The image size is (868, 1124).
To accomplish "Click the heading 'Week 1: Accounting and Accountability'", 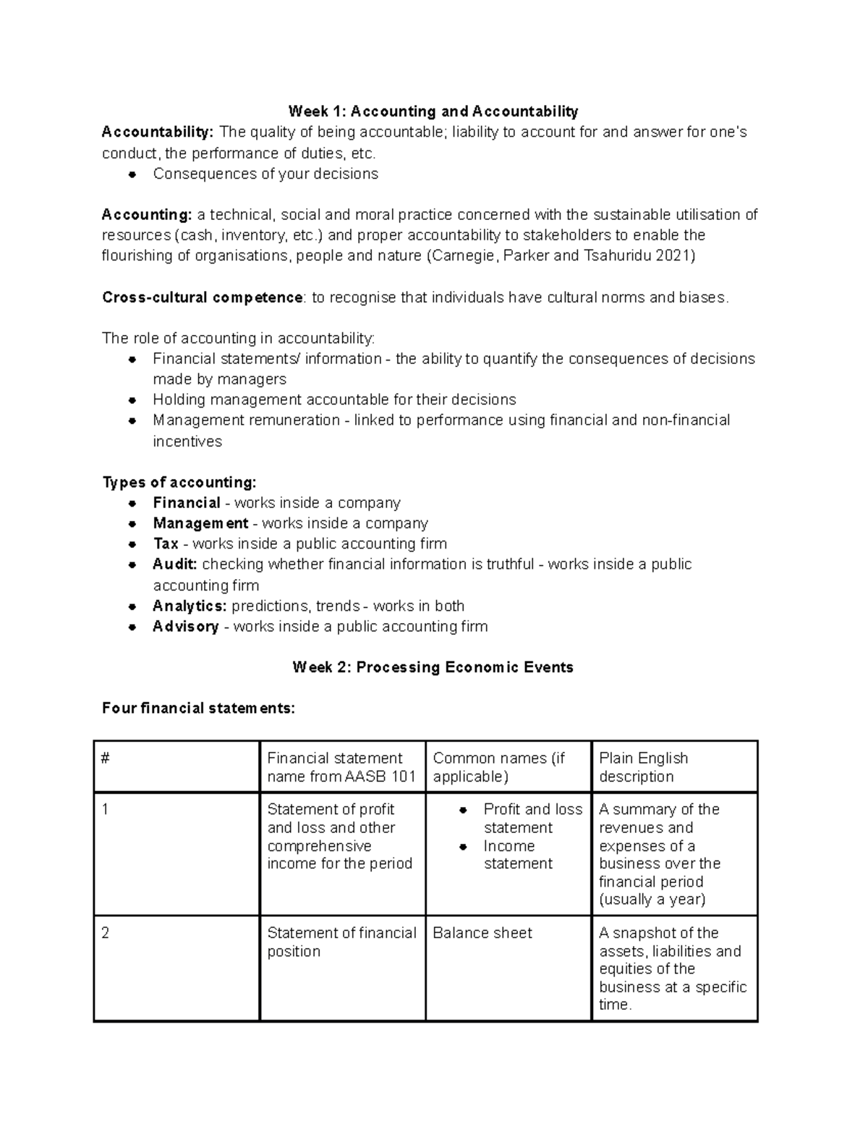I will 433,111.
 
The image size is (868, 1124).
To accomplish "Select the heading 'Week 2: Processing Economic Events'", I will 433,667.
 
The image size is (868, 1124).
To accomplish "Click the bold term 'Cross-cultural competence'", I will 203,297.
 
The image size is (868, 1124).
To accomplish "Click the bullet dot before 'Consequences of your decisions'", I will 132,174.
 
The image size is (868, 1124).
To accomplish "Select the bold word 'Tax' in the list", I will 166,544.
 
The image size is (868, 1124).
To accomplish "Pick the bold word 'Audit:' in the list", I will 174,564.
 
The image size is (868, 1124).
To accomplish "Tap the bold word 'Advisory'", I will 185,626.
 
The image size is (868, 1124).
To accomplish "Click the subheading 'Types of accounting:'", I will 179,482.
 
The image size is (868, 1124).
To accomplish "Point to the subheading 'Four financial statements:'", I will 198,709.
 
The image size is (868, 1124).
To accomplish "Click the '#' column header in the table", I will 106,759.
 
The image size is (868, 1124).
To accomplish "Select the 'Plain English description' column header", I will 643,767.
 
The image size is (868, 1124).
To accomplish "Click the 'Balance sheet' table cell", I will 482,933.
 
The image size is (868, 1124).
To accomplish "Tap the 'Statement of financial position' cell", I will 341,942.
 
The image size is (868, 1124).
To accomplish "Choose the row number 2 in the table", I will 106,933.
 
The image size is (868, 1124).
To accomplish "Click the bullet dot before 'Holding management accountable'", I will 132,400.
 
